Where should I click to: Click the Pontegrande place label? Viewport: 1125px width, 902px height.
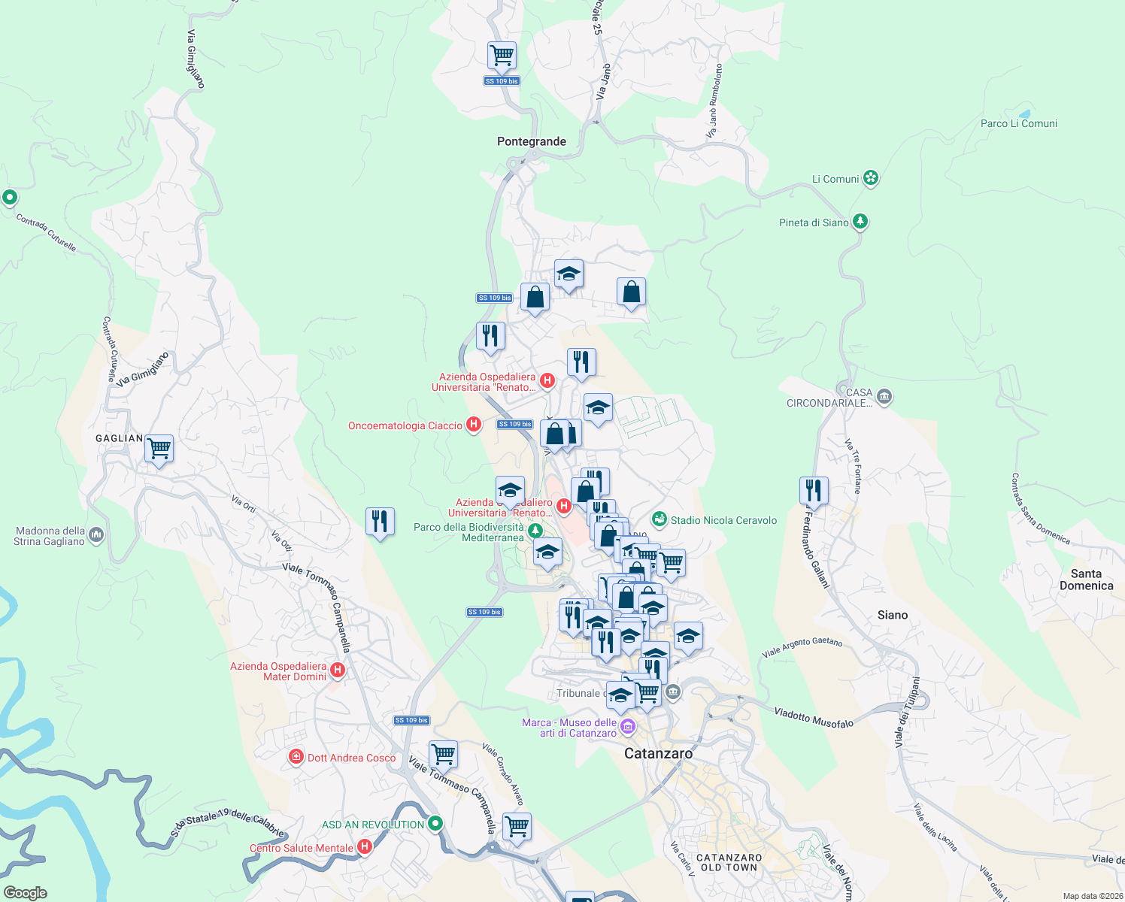[531, 141]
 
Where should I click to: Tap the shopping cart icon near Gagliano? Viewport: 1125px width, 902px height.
[159, 449]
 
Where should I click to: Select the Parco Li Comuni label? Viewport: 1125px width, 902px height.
[1018, 123]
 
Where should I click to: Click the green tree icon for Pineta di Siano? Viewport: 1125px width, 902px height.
[860, 222]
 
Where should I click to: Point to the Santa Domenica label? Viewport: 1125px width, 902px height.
[1086, 580]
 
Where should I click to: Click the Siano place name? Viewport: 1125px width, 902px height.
[892, 615]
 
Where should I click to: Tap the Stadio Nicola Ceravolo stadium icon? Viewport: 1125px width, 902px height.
[660, 519]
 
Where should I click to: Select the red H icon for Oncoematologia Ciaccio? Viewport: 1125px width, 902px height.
[473, 425]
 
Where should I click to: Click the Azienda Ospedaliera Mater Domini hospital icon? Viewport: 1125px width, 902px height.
[338, 670]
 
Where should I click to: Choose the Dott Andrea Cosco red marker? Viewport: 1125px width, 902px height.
[296, 757]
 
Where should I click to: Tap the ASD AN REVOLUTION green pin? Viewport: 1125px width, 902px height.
[435, 824]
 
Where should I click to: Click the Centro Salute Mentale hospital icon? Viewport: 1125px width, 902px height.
[365, 847]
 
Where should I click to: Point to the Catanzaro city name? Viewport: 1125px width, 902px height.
[658, 753]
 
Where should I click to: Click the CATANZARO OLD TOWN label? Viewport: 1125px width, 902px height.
[729, 862]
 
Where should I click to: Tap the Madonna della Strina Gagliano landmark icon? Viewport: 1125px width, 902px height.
[96, 535]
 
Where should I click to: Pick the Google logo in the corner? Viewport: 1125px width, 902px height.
[26, 893]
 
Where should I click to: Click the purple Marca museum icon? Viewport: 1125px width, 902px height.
[627, 727]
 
